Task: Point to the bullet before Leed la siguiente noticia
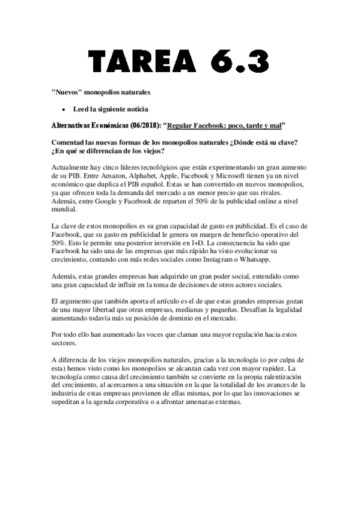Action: click(63, 109)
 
